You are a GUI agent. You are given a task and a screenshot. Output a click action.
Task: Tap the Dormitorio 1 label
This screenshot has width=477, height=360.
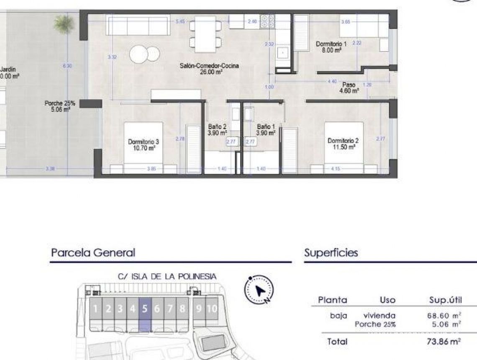(x=331, y=46)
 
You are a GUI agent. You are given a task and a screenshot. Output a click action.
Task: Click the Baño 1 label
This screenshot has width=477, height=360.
(x=266, y=129)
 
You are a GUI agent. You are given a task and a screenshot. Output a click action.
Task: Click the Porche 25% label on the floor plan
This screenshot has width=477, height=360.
(x=60, y=106)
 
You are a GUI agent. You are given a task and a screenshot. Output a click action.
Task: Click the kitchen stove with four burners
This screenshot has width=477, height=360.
(x=267, y=21)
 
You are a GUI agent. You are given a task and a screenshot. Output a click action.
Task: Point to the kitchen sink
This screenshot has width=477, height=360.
(x=283, y=53)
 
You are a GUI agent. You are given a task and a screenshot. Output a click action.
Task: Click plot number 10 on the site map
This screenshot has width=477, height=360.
(x=212, y=309)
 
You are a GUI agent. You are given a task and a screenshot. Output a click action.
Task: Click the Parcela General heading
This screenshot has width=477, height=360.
(x=93, y=253)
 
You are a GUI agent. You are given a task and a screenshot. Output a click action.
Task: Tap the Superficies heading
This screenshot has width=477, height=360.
(x=331, y=253)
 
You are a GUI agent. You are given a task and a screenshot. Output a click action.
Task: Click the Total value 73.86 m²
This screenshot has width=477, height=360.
(x=444, y=342)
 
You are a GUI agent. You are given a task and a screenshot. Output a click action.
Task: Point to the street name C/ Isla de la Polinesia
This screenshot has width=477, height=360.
(x=167, y=276)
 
